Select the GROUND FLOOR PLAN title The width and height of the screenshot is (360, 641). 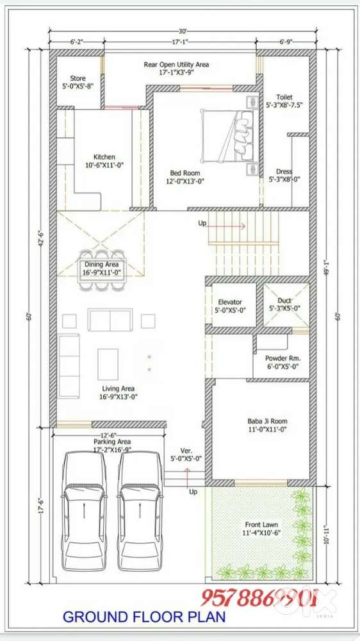click(x=143, y=617)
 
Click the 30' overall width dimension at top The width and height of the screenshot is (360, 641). click(x=183, y=31)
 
